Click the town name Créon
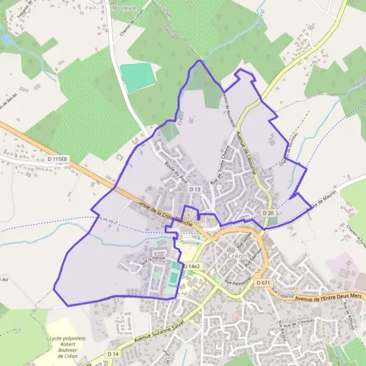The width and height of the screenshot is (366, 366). (237, 257)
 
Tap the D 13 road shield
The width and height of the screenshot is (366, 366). (195, 190)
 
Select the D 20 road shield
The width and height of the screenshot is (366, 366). (268, 213)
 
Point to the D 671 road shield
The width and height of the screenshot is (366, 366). (263, 283)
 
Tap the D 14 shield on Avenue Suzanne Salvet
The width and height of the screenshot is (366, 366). (112, 354)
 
